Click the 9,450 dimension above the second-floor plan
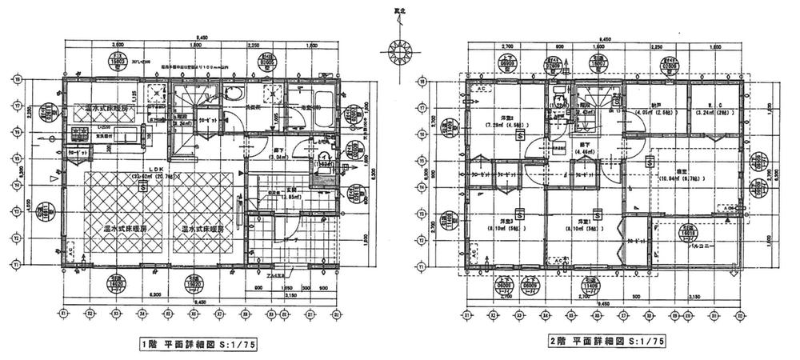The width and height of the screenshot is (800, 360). click(606, 38)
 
